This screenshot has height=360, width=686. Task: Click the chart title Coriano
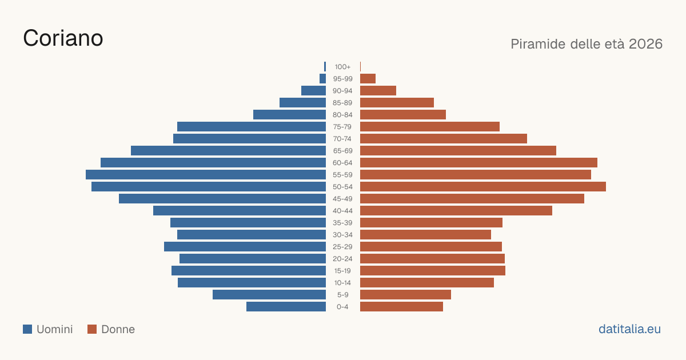(63, 38)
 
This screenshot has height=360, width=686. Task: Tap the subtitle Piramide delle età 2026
(587, 44)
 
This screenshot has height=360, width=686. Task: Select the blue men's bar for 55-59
(206, 175)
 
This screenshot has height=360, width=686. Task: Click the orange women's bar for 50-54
(483, 187)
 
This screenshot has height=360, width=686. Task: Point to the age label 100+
(342, 67)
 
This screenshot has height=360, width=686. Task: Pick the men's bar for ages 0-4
(286, 307)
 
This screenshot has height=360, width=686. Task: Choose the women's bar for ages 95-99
(368, 79)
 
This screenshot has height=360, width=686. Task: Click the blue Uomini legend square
(27, 329)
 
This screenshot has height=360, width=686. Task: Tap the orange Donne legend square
(92, 329)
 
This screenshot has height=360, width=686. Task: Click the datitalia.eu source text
(629, 329)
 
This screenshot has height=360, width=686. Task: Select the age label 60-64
(342, 163)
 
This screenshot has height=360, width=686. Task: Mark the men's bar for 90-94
(314, 91)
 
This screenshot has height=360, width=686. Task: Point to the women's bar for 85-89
(397, 102)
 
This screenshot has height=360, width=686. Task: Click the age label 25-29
(342, 247)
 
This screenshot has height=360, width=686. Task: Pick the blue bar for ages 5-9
(269, 295)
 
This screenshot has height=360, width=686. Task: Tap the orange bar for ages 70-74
(444, 139)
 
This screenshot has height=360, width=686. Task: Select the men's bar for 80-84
(289, 115)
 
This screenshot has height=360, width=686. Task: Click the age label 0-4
(342, 307)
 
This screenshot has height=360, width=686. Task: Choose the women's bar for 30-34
(425, 235)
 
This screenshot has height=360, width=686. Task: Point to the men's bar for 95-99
(323, 79)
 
